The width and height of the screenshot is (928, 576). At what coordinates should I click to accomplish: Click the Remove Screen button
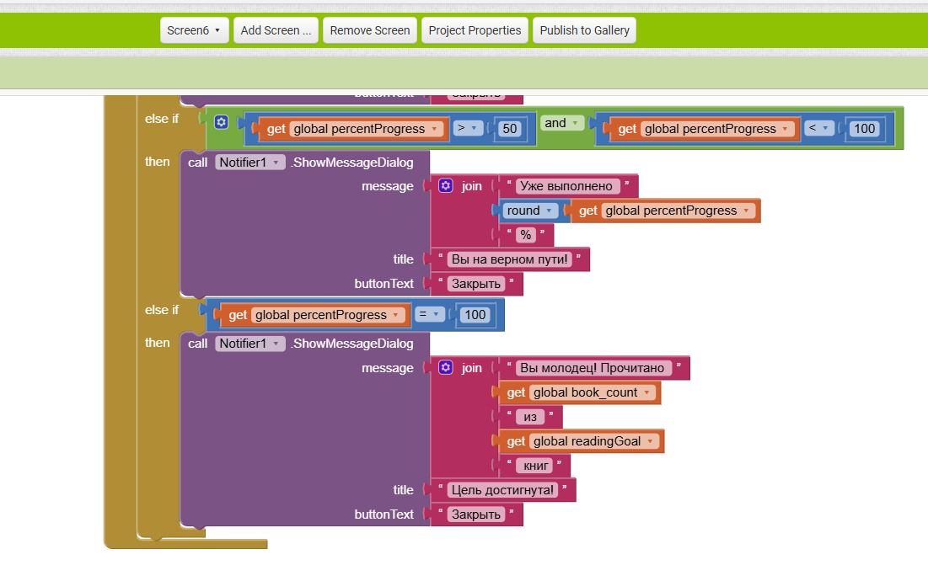click(369, 30)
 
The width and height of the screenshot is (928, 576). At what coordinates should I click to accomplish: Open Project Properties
click(475, 30)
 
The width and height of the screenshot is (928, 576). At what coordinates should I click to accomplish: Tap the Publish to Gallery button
click(584, 30)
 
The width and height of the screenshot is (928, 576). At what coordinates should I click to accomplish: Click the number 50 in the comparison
click(509, 129)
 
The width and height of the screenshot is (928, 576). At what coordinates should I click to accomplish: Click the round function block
click(530, 211)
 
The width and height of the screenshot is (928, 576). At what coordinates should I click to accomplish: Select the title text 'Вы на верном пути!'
click(510, 259)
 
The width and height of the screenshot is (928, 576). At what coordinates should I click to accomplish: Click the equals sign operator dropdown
click(429, 315)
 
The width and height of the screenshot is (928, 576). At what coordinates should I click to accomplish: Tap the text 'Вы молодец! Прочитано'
click(594, 368)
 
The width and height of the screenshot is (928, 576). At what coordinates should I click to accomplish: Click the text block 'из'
click(530, 417)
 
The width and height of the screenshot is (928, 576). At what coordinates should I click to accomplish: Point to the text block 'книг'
click(536, 466)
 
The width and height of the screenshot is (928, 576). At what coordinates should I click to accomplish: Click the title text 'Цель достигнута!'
click(503, 490)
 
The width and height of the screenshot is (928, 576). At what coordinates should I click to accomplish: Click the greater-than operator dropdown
click(467, 128)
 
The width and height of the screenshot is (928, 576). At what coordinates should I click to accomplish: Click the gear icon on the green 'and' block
click(221, 122)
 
